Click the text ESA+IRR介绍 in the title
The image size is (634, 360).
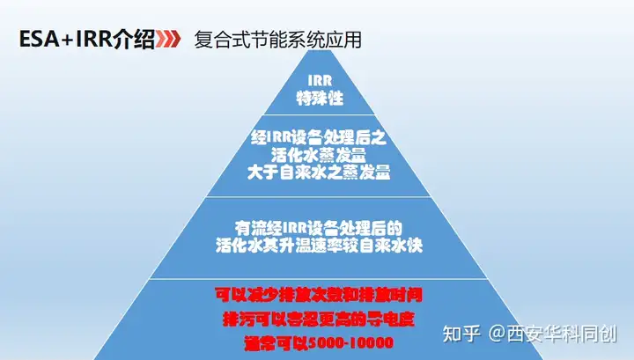coord(87,40)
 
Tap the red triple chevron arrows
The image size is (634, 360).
coord(168,40)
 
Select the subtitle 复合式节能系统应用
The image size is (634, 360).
coord(277,40)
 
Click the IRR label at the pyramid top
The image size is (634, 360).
coord(320,80)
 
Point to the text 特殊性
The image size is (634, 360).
coord(320,98)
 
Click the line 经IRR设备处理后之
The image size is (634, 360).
coord(319,138)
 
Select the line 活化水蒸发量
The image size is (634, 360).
coord(319,155)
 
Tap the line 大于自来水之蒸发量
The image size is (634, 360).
coord(319,173)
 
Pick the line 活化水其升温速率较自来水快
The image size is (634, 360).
coord(319,246)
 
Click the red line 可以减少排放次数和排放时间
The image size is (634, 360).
coord(319,295)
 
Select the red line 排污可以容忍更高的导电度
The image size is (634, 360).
coord(319,320)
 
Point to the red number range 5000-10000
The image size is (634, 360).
coord(350,343)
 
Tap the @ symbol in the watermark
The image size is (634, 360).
coord(497,334)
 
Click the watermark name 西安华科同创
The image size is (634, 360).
coord(562,334)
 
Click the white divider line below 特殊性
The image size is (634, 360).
coord(320,114)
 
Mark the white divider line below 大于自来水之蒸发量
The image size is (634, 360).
coord(319,197)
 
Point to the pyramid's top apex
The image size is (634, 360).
coord(319,50)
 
